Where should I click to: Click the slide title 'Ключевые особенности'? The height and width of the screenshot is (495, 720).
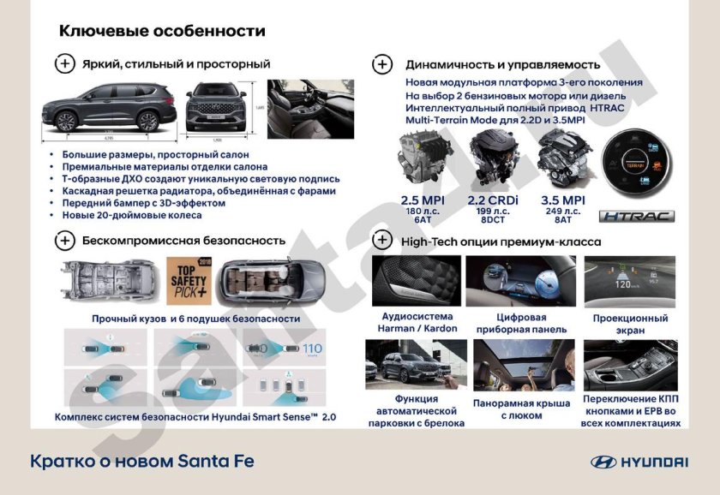click(162, 32)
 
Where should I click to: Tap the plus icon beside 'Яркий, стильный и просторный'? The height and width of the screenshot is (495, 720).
click(65, 64)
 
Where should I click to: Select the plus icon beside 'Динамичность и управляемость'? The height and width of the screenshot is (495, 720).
click(382, 64)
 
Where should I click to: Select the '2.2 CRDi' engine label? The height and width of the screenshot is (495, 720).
click(489, 200)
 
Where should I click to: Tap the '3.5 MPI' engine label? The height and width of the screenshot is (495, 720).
click(559, 200)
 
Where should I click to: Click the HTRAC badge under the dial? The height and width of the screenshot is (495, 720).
click(636, 217)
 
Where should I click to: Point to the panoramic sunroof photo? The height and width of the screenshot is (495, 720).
click(512, 365)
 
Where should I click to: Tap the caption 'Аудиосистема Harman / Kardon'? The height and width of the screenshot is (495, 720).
click(415, 322)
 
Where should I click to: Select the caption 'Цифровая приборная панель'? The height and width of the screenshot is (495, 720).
click(511, 323)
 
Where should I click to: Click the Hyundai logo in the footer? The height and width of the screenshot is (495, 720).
click(639, 462)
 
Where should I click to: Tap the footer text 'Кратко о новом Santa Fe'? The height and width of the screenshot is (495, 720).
click(142, 462)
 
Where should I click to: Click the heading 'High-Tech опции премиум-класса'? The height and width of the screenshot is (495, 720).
click(501, 242)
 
